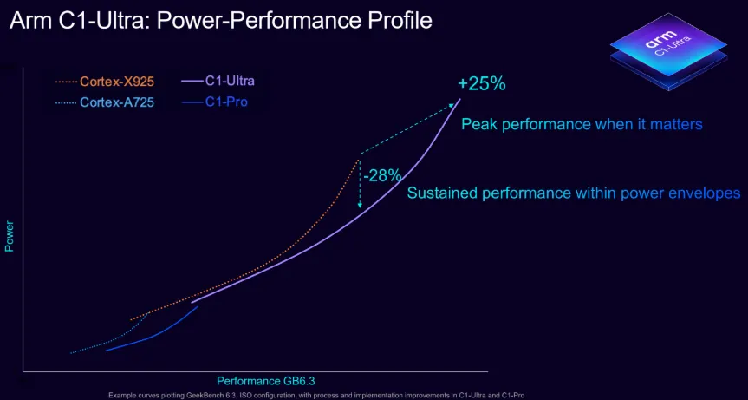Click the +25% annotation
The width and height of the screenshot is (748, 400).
pos(481,84)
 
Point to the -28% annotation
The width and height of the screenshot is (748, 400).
pos(382,175)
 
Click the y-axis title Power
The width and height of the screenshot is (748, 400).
pos(10,236)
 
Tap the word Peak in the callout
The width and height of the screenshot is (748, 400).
pos(478,124)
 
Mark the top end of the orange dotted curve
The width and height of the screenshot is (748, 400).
pos(359,158)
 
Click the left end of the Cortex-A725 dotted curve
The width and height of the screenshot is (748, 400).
pos(71,353)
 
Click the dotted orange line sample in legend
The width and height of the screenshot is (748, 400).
pos(66,82)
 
